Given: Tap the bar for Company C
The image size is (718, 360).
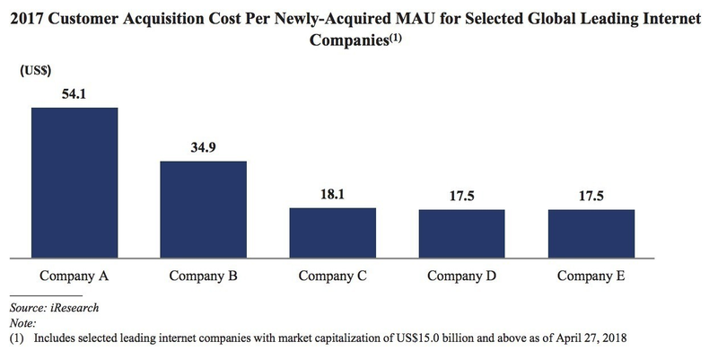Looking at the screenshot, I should coord(333,232).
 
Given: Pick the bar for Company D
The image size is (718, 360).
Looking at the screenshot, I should coord(462,233).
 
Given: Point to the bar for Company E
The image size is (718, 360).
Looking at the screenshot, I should coord(591,233).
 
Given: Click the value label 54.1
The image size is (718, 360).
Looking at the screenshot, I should coord(74,93).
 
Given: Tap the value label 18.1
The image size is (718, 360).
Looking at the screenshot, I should coord(333,194).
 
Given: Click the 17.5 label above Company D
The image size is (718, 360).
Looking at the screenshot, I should coord(462,195).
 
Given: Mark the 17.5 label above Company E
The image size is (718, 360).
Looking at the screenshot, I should coord(591,195).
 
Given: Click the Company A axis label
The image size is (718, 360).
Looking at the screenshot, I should coord(74,276).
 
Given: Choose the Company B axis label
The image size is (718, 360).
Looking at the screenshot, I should coord(204,276).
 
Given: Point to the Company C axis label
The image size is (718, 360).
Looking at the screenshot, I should coord(333,276).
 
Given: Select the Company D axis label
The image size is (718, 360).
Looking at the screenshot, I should coord(462,276).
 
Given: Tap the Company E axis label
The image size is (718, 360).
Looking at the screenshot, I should coord(591,276).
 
